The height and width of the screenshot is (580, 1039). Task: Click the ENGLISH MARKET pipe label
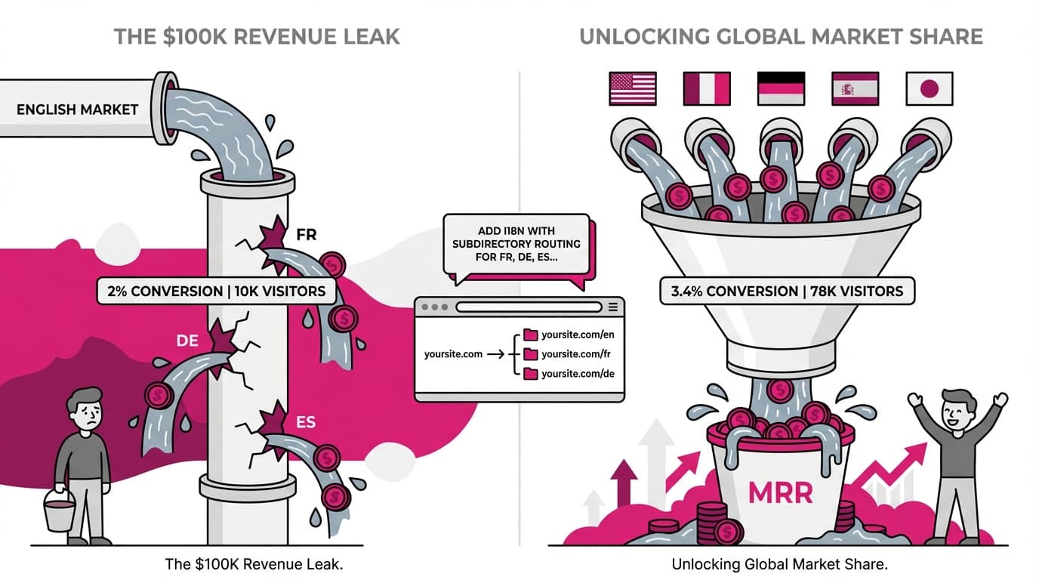pyautogui.click(x=77, y=110)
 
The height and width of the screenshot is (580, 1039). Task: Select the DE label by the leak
pyautogui.click(x=187, y=341)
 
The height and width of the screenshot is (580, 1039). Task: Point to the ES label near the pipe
pyautogui.click(x=306, y=422)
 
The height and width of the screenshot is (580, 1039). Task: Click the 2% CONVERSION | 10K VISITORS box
pyautogui.click(x=217, y=291)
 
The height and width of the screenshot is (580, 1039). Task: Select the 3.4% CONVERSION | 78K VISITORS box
pyautogui.click(x=787, y=291)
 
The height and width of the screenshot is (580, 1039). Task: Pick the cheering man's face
pyautogui.click(x=957, y=411)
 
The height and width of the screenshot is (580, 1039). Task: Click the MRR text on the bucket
pyautogui.click(x=779, y=493)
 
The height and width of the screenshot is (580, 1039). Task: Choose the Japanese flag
pyautogui.click(x=929, y=88)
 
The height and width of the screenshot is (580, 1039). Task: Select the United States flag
pyautogui.click(x=632, y=88)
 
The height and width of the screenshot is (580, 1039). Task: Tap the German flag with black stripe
pyautogui.click(x=781, y=88)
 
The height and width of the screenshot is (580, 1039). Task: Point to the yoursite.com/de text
pyautogui.click(x=578, y=374)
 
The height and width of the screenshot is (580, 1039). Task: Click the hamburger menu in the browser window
pyautogui.click(x=612, y=307)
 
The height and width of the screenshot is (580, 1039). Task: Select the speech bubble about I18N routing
pyautogui.click(x=518, y=245)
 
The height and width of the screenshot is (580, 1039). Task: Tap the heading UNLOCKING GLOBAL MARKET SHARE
pyautogui.click(x=781, y=36)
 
